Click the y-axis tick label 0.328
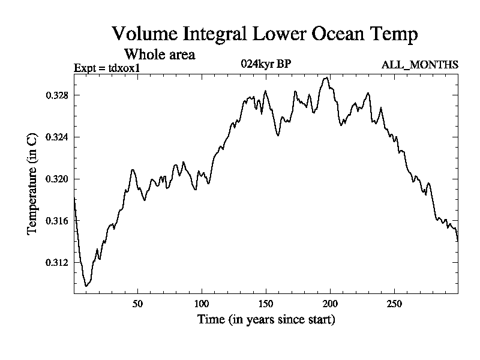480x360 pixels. pyautogui.click(x=57, y=95)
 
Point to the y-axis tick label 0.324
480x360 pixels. pyautogui.click(x=57, y=137)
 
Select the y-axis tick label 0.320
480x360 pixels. pyautogui.click(x=57, y=179)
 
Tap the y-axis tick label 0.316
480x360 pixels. pyautogui.click(x=57, y=221)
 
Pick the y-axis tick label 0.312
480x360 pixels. pyautogui.click(x=57, y=263)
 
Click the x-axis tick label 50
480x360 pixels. pyautogui.click(x=137, y=303)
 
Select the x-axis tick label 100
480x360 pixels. pyautogui.click(x=202, y=303)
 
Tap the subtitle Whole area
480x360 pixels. pyautogui.click(x=159, y=55)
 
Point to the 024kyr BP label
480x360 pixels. pyautogui.click(x=266, y=64)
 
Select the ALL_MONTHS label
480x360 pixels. pyautogui.click(x=420, y=65)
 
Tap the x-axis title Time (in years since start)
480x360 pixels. pyautogui.click(x=266, y=319)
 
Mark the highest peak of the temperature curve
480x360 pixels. pyautogui.click(x=326, y=77)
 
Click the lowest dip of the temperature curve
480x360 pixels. pyautogui.click(x=86, y=286)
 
